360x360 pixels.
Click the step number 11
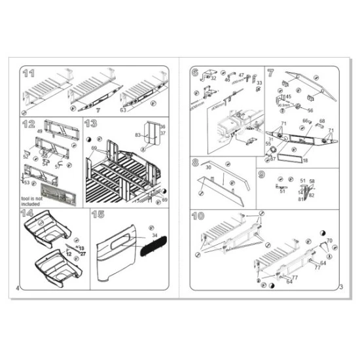(29, 73)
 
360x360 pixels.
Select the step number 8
(196, 162)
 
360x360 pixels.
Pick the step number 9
(262, 175)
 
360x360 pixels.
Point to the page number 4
(17, 287)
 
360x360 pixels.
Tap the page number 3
(341, 287)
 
